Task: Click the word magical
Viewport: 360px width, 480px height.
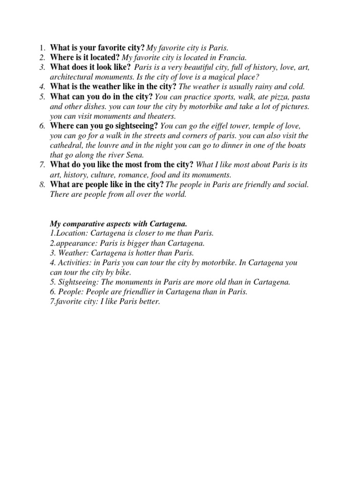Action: click(218, 77)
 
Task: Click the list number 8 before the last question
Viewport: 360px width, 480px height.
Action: click(41, 185)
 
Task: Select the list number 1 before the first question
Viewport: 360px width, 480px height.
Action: click(41, 48)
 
